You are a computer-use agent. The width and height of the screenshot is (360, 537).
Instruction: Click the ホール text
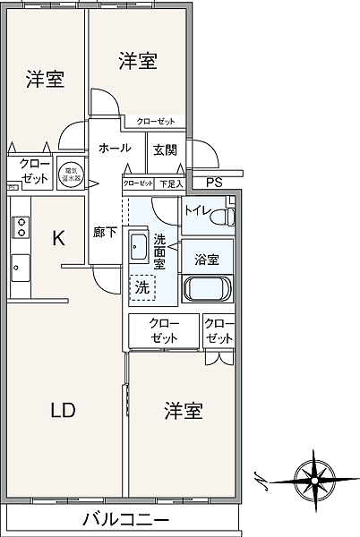(115, 148)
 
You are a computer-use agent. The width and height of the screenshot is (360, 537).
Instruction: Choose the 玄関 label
(165, 149)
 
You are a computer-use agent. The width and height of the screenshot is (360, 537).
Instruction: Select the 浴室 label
(207, 260)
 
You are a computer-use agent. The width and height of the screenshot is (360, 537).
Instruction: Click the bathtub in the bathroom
(208, 289)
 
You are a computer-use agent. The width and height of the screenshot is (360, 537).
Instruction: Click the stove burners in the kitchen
(20, 226)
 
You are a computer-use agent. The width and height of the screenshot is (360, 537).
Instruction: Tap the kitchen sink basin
(20, 267)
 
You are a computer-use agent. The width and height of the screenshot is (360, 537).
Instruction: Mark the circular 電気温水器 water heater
(69, 172)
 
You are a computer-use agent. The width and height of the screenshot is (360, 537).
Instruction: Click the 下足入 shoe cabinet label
(170, 183)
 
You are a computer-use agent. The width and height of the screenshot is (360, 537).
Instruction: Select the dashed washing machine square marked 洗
(143, 288)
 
